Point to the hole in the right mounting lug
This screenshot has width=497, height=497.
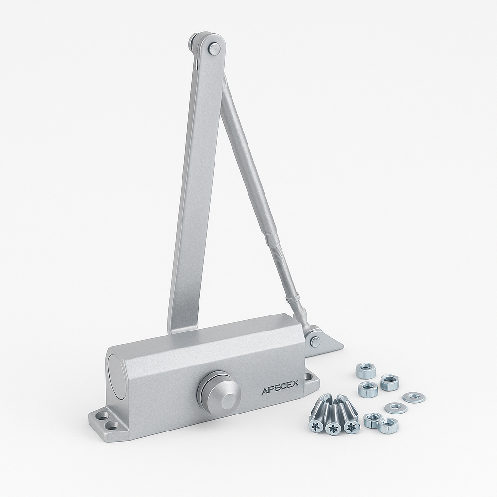pyautogui.click(x=308, y=377)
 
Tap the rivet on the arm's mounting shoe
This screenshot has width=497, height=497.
pyautogui.click(x=315, y=341)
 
